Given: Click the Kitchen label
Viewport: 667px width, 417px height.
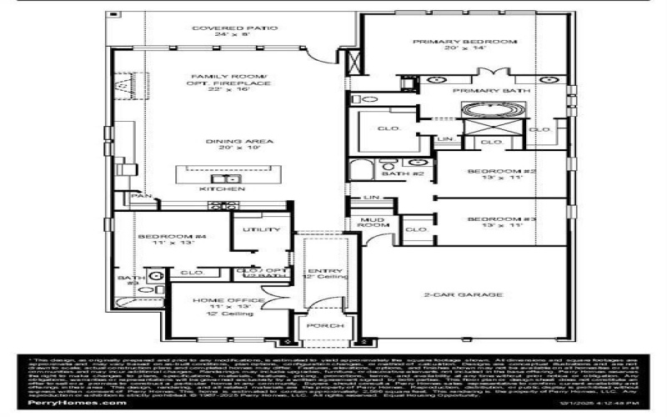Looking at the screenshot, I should pyautogui.click(x=222, y=189).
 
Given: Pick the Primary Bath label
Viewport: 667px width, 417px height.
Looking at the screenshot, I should pyautogui.click(x=483, y=90).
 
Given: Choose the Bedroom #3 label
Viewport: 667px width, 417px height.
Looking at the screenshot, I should pyautogui.click(x=490, y=222).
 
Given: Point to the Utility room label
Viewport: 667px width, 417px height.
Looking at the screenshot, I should pyautogui.click(x=254, y=229).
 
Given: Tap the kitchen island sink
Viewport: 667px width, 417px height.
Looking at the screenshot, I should pyautogui.click(x=222, y=178).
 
